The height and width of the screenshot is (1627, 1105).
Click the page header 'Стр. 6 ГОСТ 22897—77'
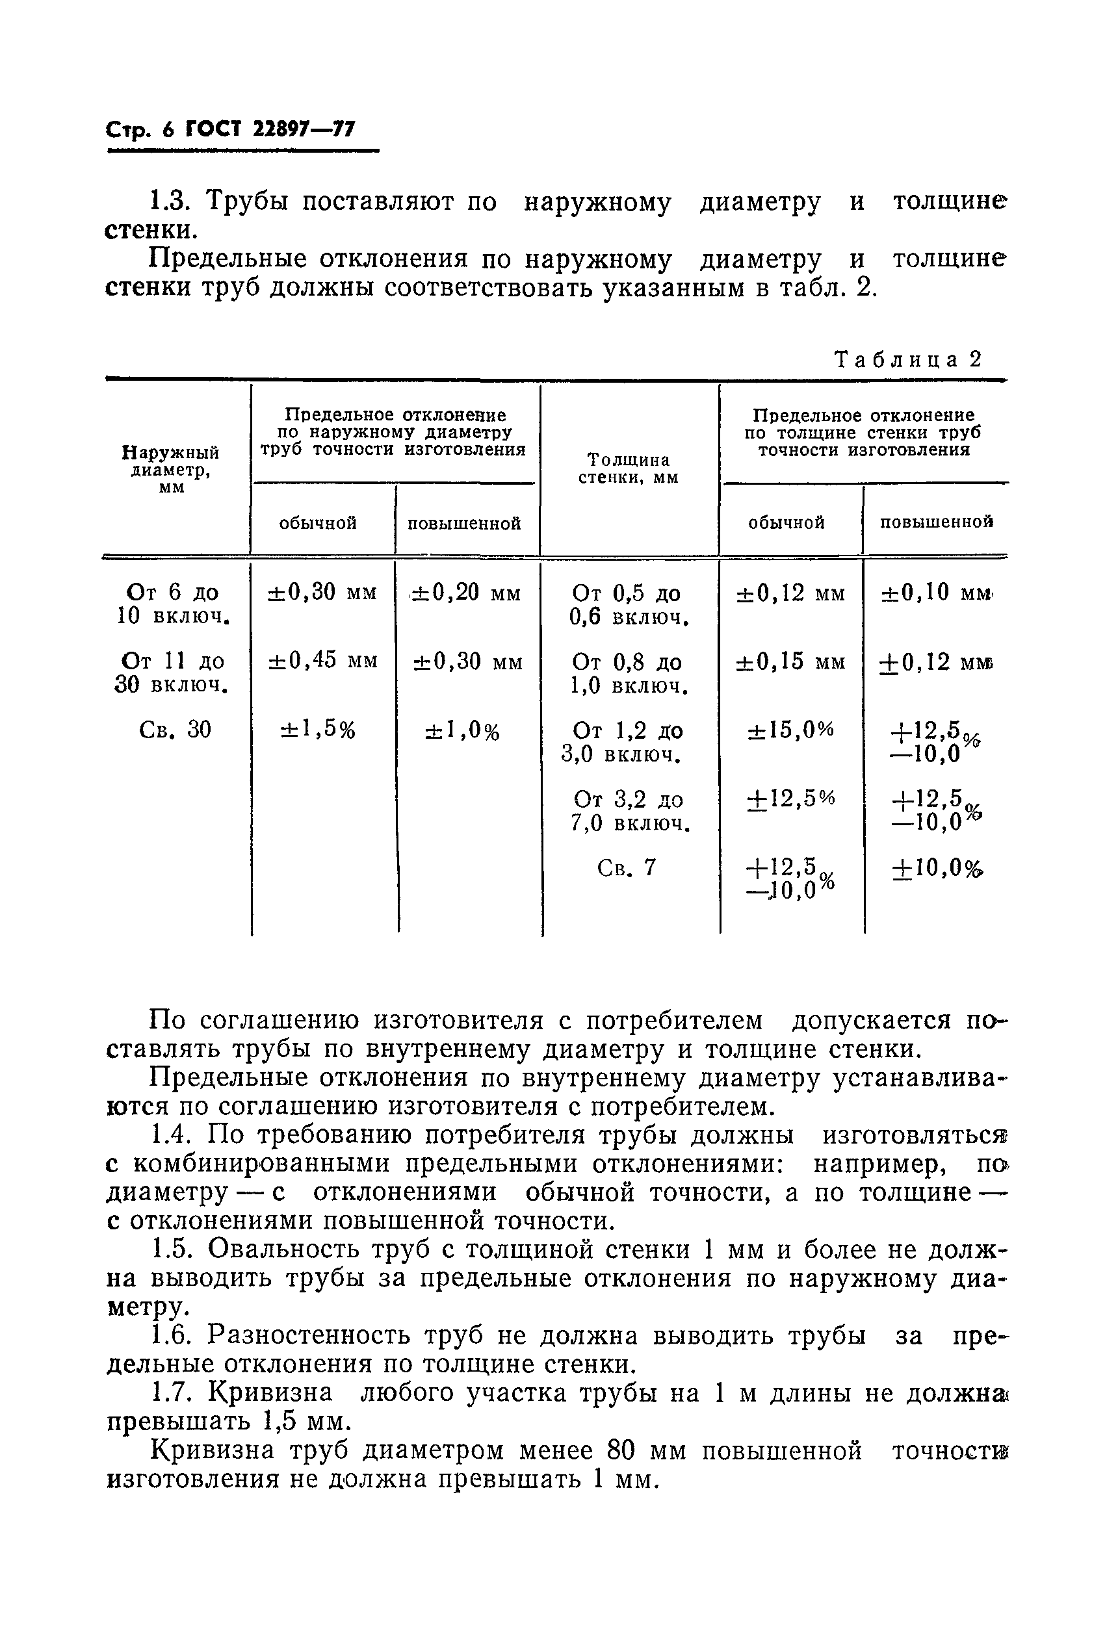tap(231, 129)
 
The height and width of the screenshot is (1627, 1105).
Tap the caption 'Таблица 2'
tap(908, 359)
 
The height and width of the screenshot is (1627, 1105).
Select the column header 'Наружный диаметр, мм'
tap(172, 469)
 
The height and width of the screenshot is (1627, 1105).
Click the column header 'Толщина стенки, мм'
tap(628, 468)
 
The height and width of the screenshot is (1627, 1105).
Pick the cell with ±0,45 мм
tap(322, 660)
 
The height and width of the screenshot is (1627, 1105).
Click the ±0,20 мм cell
tap(465, 593)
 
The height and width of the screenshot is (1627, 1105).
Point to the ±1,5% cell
tap(318, 730)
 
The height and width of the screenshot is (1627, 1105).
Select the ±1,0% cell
tap(462, 731)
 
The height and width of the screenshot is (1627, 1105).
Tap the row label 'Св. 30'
tap(175, 730)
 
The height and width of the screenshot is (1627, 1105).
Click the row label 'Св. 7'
tap(627, 867)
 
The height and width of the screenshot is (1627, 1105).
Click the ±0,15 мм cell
tap(790, 661)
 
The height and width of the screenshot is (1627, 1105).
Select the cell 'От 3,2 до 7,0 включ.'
tap(628, 811)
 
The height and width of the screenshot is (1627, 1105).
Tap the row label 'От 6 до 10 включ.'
tap(172, 604)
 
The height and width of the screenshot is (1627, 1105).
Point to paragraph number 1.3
tap(170, 201)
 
